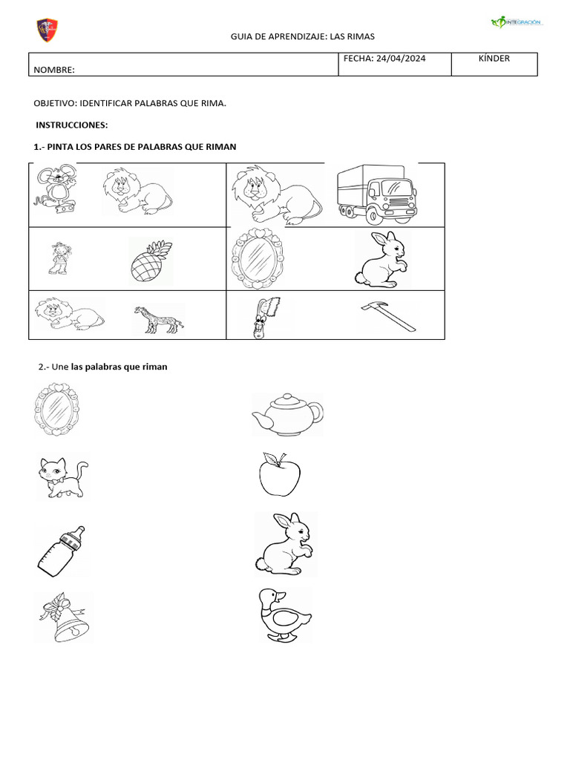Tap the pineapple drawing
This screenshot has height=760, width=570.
point(151,260)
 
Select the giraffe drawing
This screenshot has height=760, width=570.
point(159,319)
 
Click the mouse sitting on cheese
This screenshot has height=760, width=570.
point(55,190)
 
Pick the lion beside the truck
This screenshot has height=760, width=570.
point(275,194)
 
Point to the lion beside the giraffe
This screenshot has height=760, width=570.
point(69,314)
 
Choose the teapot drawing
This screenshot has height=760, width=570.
point(286,413)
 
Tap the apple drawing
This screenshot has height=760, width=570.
point(280,474)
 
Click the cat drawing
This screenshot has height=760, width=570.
point(62,476)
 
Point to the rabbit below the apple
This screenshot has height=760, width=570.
point(285,544)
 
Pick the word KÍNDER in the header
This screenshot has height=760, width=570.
point(494,59)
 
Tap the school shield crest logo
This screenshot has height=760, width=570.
point(47,30)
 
